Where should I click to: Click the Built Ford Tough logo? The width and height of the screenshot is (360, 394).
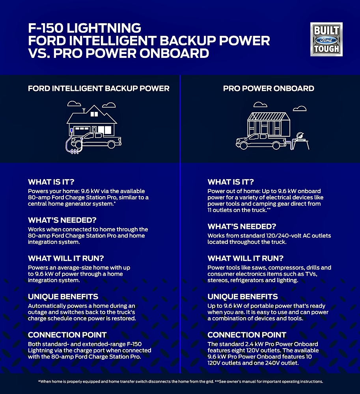326,39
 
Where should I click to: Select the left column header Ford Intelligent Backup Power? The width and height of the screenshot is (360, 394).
99,88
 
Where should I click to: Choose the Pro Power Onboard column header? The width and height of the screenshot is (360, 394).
269,88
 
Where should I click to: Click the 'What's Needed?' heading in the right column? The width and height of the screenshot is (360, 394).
242,227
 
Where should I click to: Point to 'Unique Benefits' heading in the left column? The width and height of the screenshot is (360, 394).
63,297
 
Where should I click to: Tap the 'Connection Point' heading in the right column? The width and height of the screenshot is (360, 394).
247,335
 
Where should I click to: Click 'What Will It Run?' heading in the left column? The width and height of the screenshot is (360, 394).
66,258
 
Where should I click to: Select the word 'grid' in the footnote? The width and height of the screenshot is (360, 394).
210,381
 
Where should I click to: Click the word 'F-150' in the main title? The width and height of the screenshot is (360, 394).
46,28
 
